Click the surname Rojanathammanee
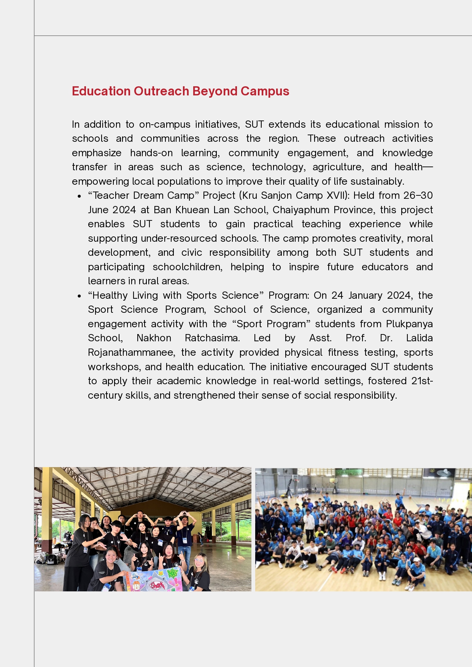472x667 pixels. tap(131, 352)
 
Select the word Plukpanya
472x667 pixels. tap(409, 324)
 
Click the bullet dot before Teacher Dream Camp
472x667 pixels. tap(79, 196)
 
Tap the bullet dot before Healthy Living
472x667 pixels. tap(79, 296)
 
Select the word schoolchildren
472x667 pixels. tap(187, 267)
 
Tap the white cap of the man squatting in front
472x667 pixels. tap(417, 560)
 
